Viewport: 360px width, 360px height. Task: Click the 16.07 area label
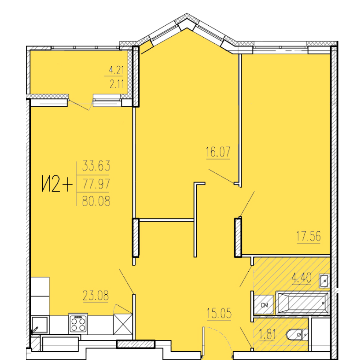click(x=218, y=152)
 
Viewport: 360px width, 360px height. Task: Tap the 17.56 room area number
click(x=309, y=236)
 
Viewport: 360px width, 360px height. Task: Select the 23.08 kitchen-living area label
click(x=96, y=296)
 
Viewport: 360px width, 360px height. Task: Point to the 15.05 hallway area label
click(x=219, y=313)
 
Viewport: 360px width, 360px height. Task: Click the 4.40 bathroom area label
click(x=302, y=278)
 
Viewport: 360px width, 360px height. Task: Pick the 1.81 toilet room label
click(x=267, y=334)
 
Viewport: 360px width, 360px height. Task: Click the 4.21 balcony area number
click(x=116, y=70)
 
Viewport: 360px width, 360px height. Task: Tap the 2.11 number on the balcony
click(x=117, y=84)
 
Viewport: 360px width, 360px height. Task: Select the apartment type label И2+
click(x=57, y=183)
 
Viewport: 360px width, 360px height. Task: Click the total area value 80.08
click(x=96, y=200)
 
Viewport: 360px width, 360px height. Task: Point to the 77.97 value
click(x=96, y=183)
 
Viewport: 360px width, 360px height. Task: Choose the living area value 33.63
click(x=96, y=166)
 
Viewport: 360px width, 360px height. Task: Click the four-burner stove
click(x=78, y=324)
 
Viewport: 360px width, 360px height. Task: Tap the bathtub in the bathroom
click(x=303, y=303)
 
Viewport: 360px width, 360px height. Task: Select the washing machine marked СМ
click(x=263, y=305)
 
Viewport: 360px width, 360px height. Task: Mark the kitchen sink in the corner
click(x=40, y=325)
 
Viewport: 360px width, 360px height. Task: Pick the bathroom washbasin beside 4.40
click(x=325, y=280)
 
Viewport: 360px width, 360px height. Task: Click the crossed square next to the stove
click(x=123, y=325)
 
